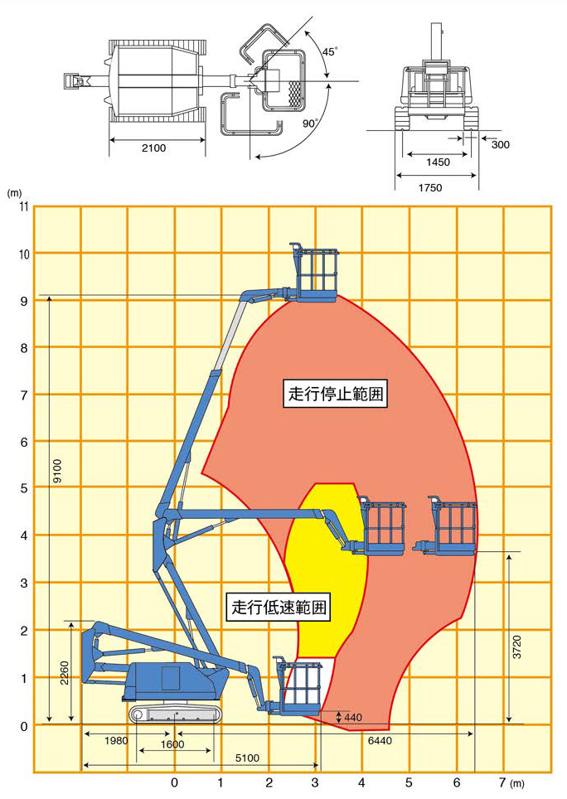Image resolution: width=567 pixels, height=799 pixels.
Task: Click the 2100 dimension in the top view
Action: tap(153, 148)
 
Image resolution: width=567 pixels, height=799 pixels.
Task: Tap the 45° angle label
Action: tap(329, 52)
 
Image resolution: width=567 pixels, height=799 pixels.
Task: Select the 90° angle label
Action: tap(310, 123)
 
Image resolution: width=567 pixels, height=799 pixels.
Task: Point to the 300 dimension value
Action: tap(500, 145)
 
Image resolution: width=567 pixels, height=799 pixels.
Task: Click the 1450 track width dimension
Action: tap(438, 162)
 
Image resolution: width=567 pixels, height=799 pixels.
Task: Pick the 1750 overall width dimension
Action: tap(430, 188)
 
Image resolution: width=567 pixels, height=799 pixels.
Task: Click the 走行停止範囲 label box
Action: tap(335, 394)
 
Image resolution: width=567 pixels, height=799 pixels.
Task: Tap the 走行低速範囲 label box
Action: tap(279, 608)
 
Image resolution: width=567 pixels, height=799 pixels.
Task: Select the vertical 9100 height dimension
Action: tap(57, 471)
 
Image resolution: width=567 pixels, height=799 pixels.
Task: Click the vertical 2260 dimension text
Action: tap(65, 673)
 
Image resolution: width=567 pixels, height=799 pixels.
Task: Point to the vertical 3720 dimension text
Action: tap(517, 647)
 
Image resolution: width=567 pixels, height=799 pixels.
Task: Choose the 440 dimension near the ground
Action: tap(353, 718)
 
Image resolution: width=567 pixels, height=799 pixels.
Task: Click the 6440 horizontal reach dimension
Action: tap(380, 740)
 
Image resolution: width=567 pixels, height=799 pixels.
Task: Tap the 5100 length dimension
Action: tap(247, 758)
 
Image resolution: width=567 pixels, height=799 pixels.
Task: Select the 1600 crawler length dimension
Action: tap(172, 744)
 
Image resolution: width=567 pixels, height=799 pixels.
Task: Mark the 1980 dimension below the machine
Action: tap(116, 740)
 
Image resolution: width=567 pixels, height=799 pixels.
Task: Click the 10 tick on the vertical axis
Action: tap(24, 254)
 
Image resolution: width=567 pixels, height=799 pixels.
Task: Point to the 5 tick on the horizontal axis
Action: tap(409, 782)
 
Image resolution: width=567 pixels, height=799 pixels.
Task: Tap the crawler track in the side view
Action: tap(176, 714)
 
